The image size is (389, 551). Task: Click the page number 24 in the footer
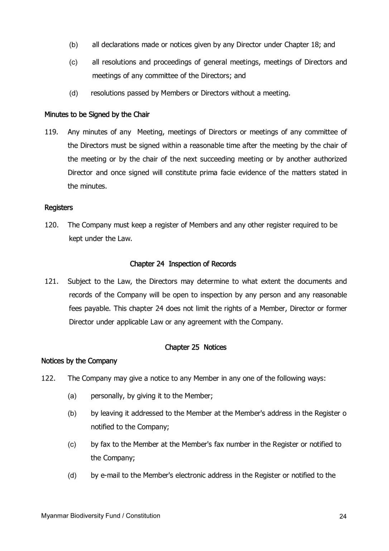pos(343,517)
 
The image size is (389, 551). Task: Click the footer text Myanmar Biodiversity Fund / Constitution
pos(101,516)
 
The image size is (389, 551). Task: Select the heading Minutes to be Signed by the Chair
pos(97,115)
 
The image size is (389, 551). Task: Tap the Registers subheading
pos(58,208)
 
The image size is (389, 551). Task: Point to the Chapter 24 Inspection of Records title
pos(183,264)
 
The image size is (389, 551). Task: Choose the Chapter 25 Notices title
pos(196,347)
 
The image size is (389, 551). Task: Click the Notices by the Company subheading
pos(79,361)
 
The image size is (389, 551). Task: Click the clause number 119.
pos(51,132)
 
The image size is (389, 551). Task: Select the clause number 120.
pos(51,225)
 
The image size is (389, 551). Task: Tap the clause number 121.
pos(51,281)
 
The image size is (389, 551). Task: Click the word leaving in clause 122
pos(112,413)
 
